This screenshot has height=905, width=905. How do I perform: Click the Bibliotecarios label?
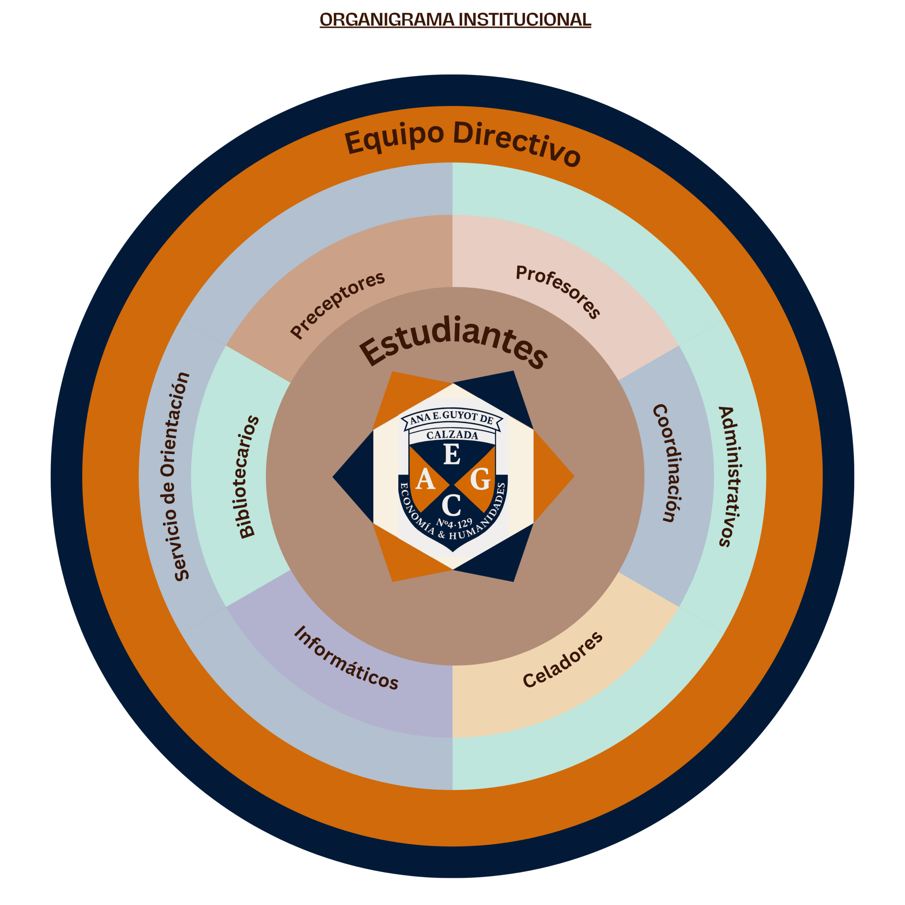coord(248,477)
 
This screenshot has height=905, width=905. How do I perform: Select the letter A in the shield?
coord(425,479)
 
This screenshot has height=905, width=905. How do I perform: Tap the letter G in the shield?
coord(480,479)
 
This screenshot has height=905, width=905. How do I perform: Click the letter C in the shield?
coord(451,506)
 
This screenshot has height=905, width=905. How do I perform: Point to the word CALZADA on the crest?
coord(452,435)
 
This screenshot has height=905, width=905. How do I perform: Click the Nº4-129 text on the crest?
coord(454,523)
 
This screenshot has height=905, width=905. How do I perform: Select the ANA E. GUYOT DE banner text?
coord(451,418)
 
